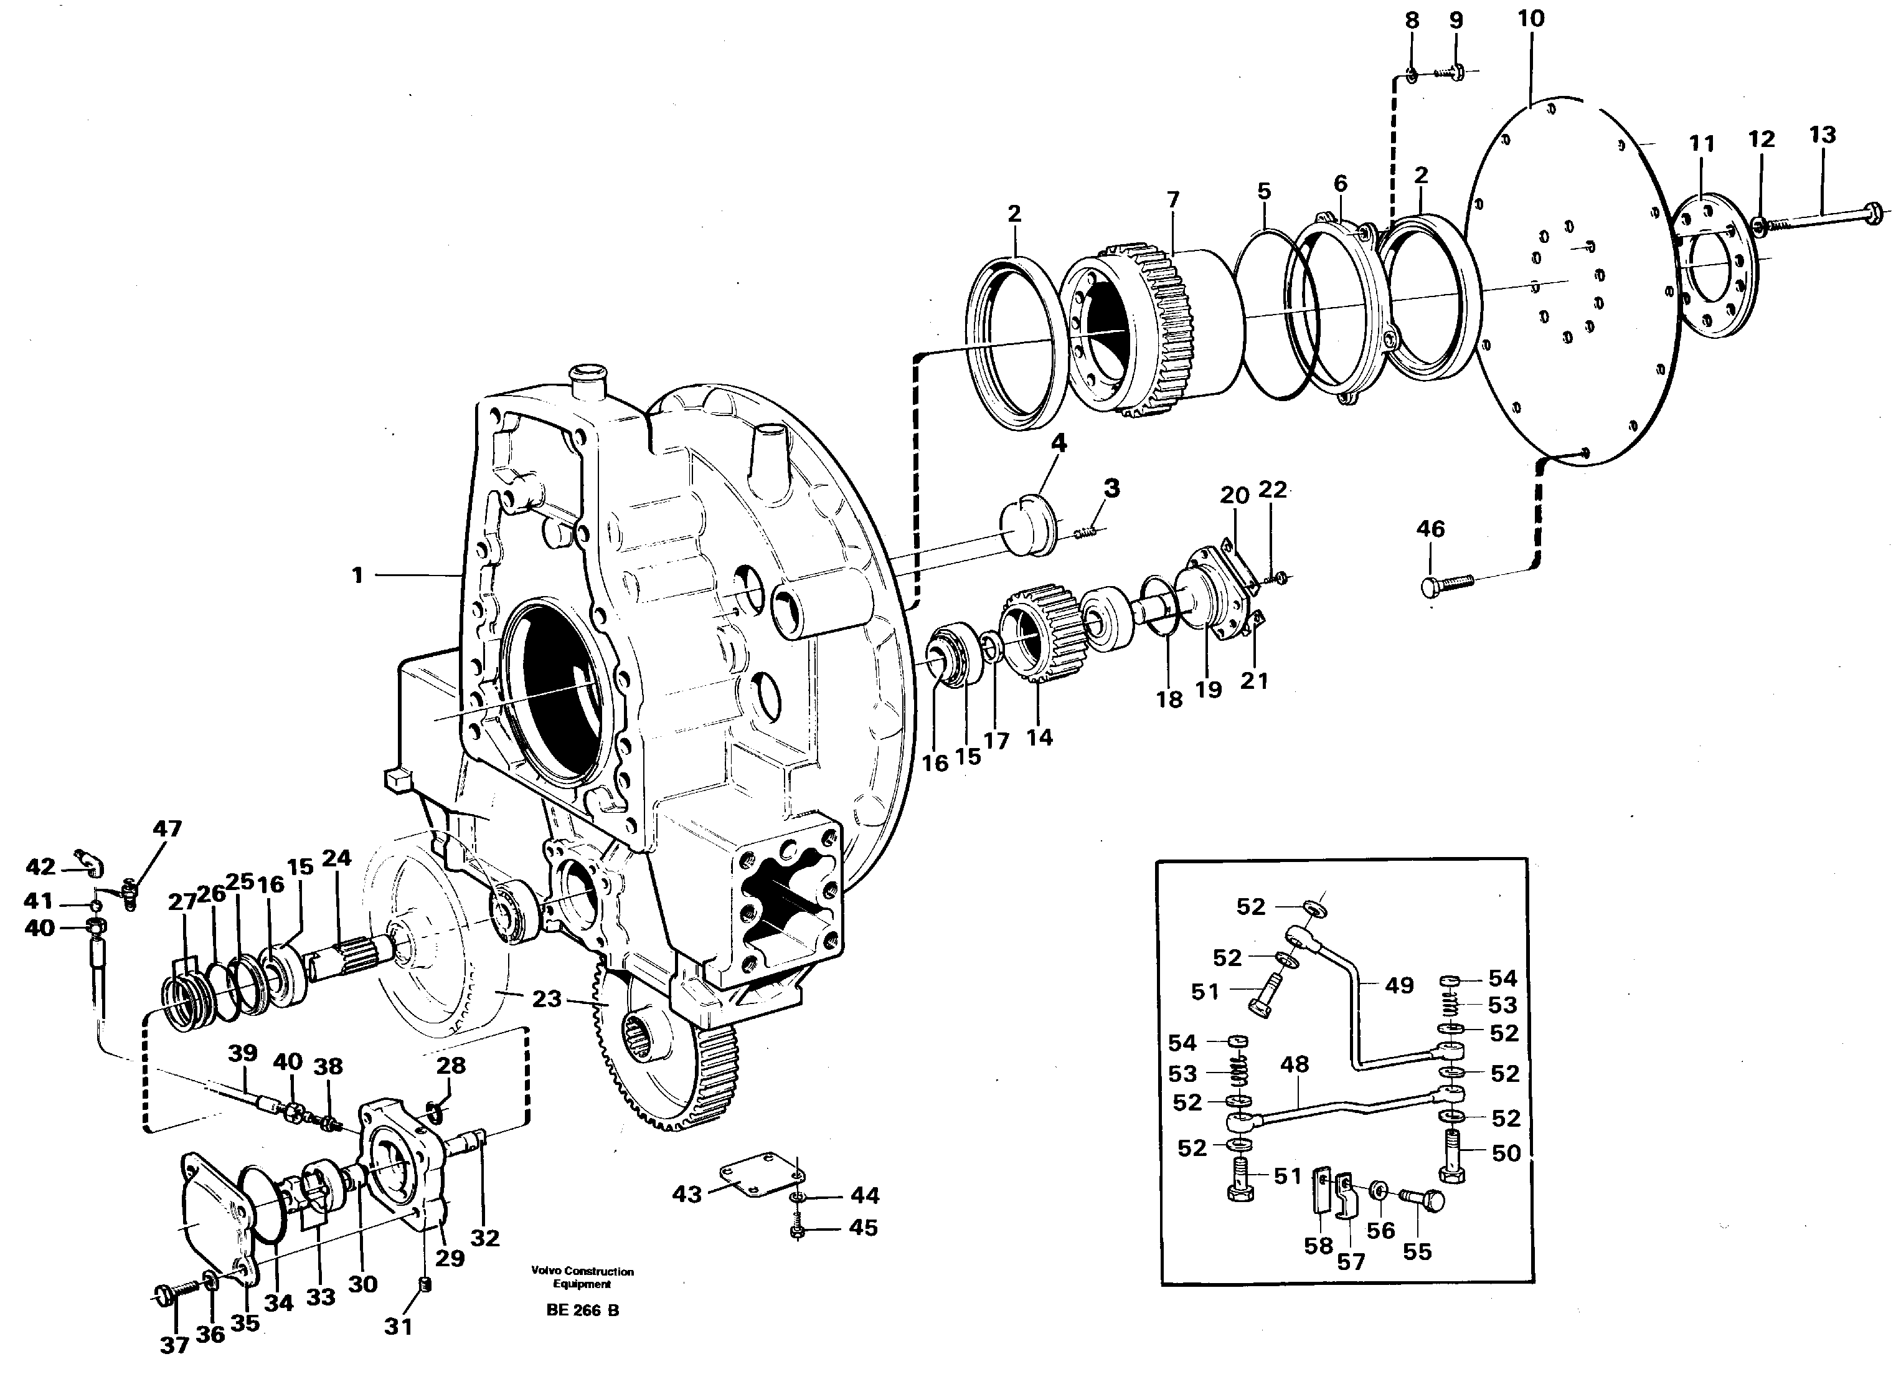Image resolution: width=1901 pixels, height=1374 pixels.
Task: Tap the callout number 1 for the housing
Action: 358,575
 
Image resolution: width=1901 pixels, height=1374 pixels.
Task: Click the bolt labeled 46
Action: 1446,582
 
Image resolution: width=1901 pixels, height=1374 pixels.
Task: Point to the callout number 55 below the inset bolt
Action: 1417,1251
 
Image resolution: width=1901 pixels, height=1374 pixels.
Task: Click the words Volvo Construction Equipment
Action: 583,1277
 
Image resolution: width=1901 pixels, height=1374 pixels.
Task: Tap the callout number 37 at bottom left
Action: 174,1345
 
